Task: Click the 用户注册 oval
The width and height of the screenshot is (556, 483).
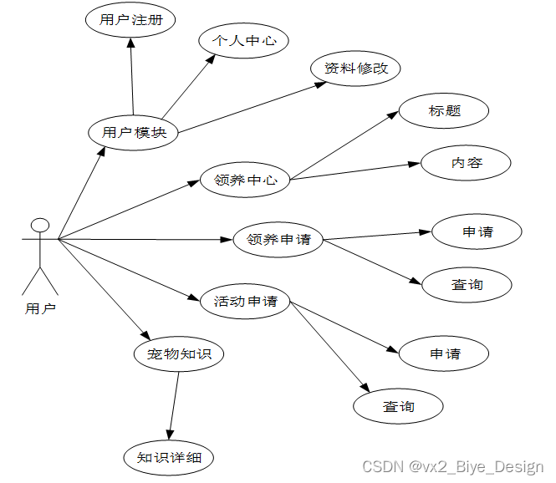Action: click(x=130, y=21)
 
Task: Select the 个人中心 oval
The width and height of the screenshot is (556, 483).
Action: click(x=243, y=39)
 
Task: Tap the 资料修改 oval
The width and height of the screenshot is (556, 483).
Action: click(x=356, y=69)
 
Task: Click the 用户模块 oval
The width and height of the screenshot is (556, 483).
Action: click(x=134, y=132)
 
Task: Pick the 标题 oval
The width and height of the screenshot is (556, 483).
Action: click(x=444, y=111)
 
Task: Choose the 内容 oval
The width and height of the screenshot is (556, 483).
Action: click(x=466, y=163)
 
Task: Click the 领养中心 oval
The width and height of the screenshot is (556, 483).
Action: click(x=246, y=179)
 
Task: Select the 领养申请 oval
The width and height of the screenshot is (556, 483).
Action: click(x=278, y=240)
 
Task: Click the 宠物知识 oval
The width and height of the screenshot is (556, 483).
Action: click(x=179, y=353)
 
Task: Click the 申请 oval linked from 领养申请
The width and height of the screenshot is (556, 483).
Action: click(x=477, y=231)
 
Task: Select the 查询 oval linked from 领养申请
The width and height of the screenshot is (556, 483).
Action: click(x=467, y=285)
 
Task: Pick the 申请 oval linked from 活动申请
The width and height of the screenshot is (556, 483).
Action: click(x=445, y=353)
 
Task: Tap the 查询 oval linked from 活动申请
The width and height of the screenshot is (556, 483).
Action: click(x=398, y=406)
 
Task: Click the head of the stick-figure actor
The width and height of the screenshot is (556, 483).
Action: click(x=39, y=226)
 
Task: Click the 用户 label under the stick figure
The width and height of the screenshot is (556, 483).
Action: click(x=40, y=308)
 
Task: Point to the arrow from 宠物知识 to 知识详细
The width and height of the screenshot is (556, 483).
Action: click(x=174, y=405)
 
